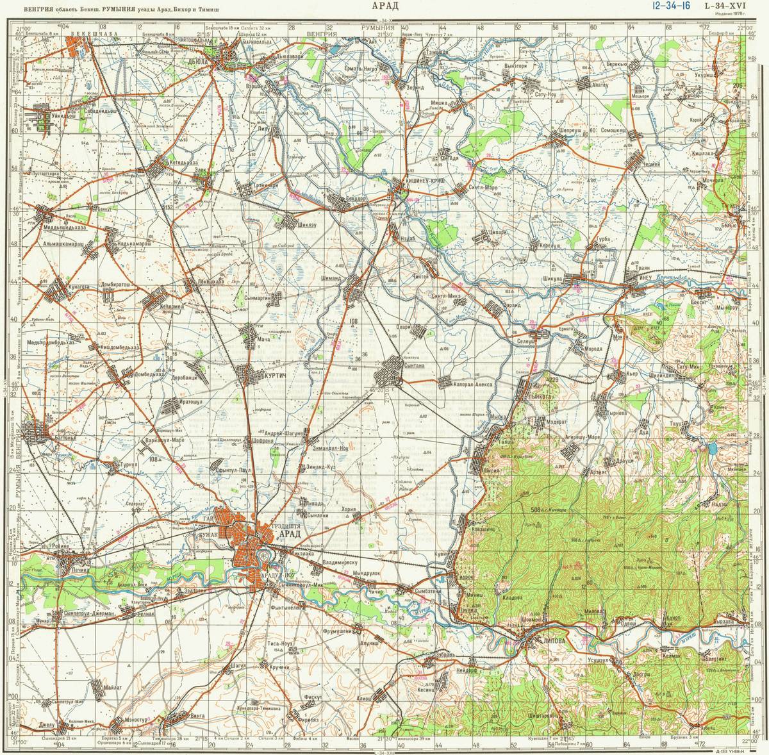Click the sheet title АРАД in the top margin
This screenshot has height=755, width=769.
[x=384, y=7]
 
